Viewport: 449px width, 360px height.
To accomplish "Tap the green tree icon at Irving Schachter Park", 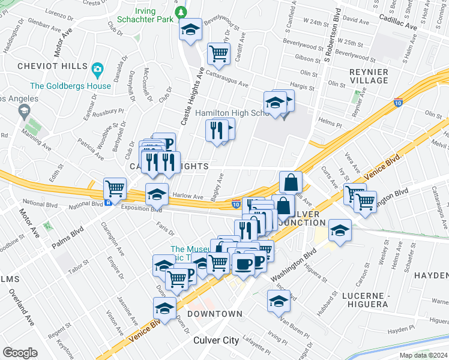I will (180, 11).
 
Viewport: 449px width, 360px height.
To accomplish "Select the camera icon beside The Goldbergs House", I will (97, 70).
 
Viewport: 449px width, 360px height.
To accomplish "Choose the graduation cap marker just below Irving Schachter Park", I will (190, 31).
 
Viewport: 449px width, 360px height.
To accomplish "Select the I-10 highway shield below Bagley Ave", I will (236, 205).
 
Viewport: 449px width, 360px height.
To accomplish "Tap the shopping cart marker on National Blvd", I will (115, 188).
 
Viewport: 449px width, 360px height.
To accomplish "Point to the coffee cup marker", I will (243, 264).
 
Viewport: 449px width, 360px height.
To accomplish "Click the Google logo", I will (20, 353).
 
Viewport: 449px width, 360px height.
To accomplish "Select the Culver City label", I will (216, 340).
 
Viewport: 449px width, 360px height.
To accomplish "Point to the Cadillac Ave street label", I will (398, 27).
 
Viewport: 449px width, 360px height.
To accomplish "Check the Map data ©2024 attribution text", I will (423, 355).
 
